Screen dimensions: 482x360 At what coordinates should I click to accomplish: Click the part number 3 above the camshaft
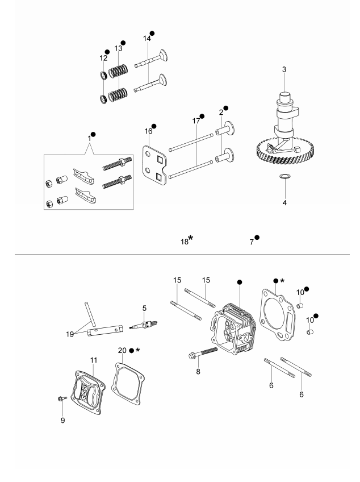point(284,69)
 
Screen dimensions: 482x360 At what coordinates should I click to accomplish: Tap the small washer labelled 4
point(284,178)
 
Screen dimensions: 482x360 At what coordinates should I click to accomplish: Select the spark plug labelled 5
point(142,326)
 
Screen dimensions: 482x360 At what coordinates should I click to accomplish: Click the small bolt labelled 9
point(60,399)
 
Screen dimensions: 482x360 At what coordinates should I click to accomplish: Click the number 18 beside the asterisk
point(184,242)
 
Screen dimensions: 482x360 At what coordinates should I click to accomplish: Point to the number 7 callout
point(251,242)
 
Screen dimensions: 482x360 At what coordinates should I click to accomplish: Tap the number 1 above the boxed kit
point(89,138)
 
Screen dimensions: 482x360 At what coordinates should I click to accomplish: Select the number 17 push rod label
point(196,121)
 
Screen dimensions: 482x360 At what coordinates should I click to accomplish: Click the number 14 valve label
point(147,39)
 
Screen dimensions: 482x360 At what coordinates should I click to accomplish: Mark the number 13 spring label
point(118,49)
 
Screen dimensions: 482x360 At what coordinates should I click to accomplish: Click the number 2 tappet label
point(220,113)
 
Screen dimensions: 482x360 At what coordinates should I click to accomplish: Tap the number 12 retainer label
point(103,58)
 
